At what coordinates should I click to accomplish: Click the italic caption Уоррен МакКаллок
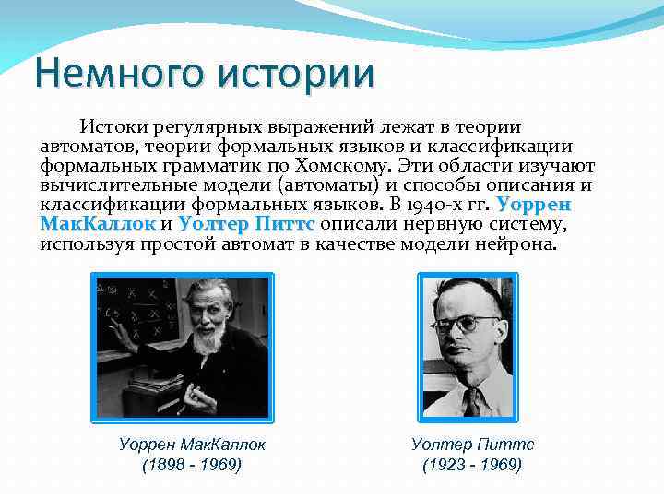(192, 444)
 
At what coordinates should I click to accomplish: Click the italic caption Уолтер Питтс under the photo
(472, 444)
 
